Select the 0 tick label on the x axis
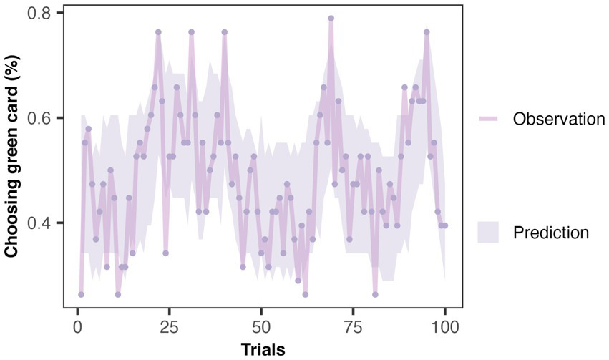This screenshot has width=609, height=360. (77, 327)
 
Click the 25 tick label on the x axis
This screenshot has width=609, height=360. (170, 327)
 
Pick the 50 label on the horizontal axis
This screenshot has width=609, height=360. (261, 327)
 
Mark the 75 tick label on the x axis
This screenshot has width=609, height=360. (354, 327)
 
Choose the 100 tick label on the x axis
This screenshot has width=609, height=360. (445, 327)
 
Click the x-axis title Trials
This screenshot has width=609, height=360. (262, 349)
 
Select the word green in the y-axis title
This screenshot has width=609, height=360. (12, 160)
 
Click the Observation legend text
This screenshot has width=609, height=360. (559, 119)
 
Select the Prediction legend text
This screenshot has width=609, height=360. (551, 233)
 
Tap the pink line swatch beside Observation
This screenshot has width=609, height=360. (489, 119)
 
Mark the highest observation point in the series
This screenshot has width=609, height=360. (331, 19)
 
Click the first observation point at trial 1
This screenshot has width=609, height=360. (81, 294)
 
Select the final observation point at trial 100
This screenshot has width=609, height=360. (445, 225)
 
